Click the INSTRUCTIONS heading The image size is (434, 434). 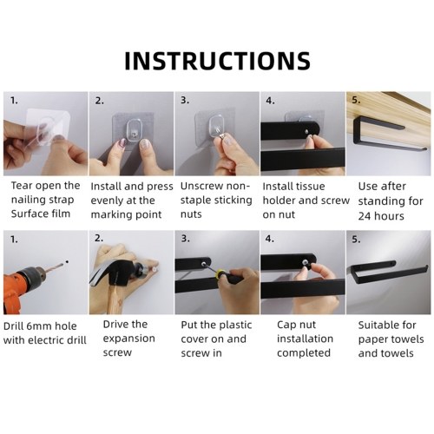[217, 61]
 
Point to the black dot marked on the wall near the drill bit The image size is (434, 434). [67, 262]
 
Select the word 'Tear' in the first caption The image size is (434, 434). [21, 186]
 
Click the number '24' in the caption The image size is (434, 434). [365, 216]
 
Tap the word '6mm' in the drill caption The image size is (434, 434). [37, 326]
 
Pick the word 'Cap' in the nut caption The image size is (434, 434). [286, 325]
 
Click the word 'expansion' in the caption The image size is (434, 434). [128, 339]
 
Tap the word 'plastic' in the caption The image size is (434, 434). [234, 325]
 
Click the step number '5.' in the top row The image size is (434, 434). [356, 100]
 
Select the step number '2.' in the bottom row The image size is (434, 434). [99, 238]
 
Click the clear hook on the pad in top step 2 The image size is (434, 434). [134, 132]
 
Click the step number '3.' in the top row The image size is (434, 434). [185, 100]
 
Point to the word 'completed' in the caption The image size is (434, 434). [304, 353]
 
